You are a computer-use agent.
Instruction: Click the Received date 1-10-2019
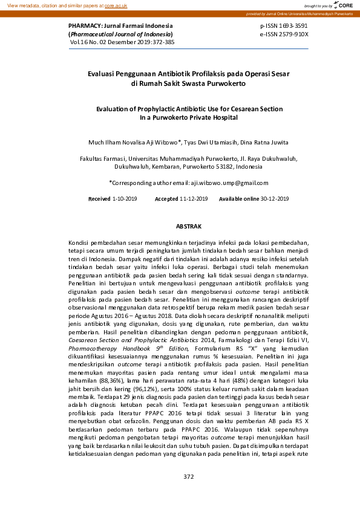[x=125, y=199]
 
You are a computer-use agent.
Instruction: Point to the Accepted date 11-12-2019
[x=194, y=199]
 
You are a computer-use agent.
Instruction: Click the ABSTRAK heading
[x=188, y=225]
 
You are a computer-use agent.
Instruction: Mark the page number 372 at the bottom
[x=188, y=477]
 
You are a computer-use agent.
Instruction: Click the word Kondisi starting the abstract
[x=82, y=242]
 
